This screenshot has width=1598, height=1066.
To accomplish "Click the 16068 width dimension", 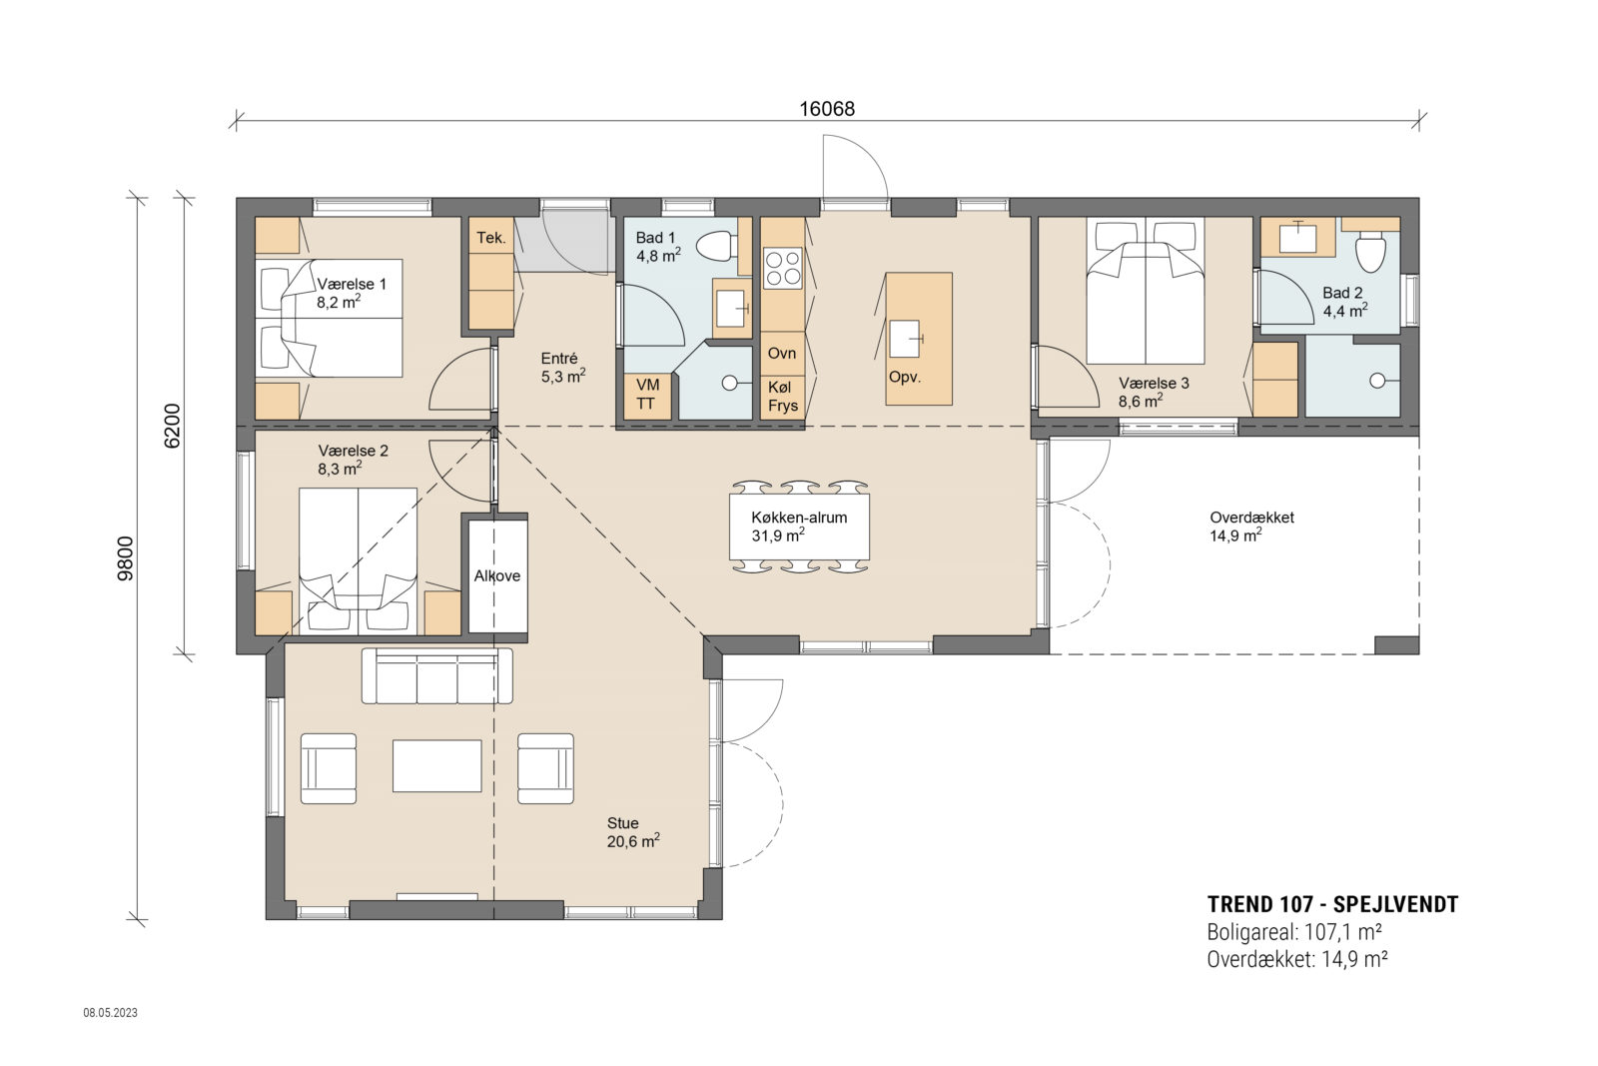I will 827,109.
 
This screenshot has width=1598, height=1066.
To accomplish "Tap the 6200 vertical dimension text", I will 172,426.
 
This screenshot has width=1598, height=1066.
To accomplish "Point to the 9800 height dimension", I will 125,558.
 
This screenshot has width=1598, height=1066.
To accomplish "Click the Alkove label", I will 497,575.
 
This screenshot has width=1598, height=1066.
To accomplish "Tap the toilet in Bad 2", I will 1369,252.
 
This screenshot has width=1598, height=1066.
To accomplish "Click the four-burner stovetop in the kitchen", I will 782,267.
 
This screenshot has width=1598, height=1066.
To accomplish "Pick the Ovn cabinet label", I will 782,353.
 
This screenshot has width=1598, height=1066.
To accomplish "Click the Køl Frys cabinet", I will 782,396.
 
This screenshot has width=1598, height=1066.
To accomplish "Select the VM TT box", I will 646,395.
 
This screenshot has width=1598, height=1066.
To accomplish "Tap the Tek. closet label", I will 490,238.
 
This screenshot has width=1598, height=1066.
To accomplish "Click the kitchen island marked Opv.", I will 918,339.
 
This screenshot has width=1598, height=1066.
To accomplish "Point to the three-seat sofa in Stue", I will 436,676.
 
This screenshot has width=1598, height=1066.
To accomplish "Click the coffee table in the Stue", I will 436,765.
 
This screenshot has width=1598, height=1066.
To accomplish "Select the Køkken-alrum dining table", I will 799,527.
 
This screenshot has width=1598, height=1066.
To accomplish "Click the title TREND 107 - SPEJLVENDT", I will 1332,905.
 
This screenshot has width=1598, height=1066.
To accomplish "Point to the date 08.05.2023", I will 110,1012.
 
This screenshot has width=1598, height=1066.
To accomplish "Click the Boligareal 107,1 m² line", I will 1293,932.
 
